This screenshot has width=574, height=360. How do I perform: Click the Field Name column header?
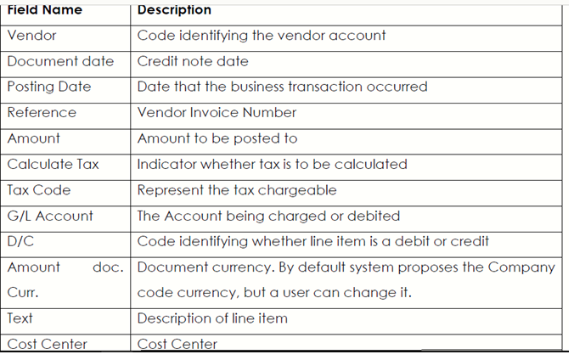coord(45,10)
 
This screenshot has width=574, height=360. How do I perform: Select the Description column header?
coord(174,10)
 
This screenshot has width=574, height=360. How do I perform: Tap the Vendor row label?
coord(32,36)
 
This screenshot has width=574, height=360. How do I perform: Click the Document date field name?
coord(61,61)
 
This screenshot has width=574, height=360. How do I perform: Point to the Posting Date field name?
coord(49,87)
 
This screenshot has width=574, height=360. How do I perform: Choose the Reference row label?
coord(42,112)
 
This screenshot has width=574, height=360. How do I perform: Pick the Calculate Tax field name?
coord(53,164)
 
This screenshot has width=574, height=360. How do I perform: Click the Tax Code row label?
coord(39,190)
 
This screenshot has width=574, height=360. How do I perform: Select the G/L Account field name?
coord(50,216)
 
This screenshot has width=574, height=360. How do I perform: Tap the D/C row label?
coord(20,241)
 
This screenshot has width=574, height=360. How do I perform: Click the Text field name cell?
coord(20,318)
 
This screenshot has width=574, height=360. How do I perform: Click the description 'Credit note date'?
coord(193,61)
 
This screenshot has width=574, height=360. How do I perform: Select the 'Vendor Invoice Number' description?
coord(217,112)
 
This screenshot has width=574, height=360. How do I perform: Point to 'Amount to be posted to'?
coord(217,138)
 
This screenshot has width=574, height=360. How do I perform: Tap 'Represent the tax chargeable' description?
coord(237,190)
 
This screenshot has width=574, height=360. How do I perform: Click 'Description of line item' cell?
coord(212,318)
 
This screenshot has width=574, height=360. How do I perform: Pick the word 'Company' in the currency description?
coord(521,267)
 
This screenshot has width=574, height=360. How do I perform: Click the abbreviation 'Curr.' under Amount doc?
coord(23,293)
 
